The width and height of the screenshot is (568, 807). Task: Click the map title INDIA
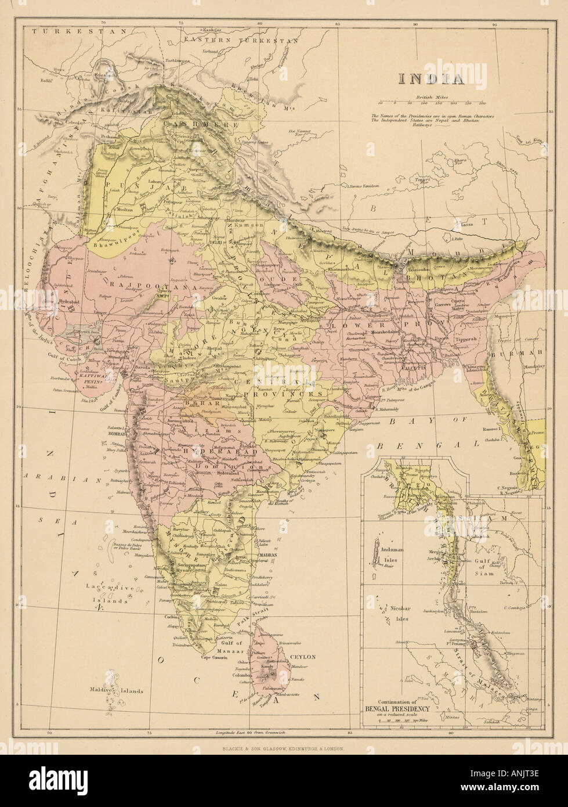click(x=430, y=78)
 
